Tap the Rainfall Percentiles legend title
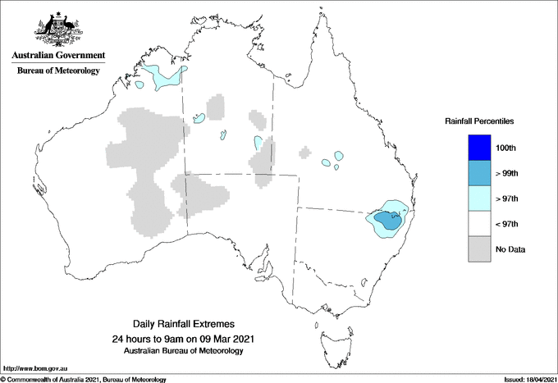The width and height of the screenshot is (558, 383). (x=479, y=121)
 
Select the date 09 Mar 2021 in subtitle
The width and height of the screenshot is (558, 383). (x=222, y=339)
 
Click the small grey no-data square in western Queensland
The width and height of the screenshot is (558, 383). (x=305, y=152)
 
